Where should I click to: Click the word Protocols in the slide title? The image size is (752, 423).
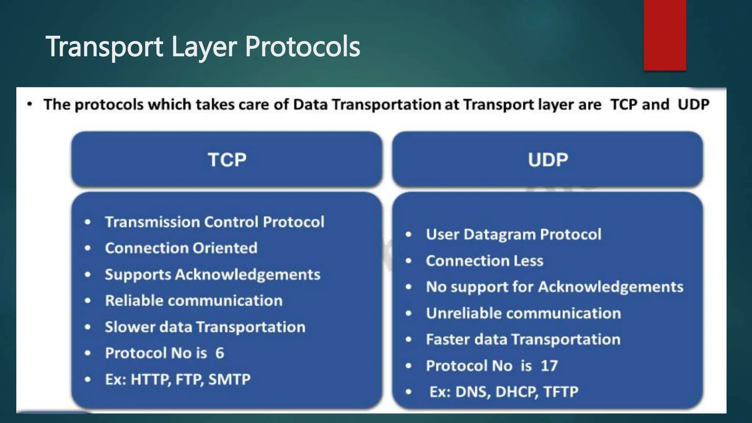302,47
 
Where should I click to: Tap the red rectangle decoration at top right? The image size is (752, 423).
665,35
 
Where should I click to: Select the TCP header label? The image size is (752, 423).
227,160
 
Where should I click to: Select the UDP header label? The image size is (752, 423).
548,160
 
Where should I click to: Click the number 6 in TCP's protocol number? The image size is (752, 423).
220,353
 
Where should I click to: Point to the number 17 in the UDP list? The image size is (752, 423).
549,366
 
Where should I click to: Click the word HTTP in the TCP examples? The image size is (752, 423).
151,379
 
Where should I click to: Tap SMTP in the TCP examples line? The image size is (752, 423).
229,379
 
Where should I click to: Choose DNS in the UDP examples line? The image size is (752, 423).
473,392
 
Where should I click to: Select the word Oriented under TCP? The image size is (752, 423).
225,248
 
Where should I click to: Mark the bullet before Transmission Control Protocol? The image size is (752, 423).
87,222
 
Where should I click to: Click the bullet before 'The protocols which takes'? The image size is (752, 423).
30,105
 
